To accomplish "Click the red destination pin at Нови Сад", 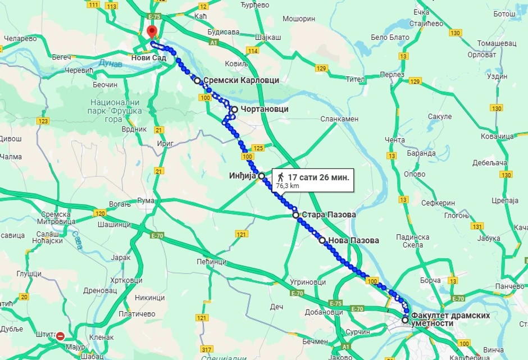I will [151, 32].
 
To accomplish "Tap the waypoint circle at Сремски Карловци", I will [197, 80].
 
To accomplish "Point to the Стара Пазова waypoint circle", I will [295, 215].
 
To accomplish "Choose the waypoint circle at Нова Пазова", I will [322, 240].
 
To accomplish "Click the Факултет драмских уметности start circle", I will [405, 320].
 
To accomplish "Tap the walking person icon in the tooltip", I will [280, 177].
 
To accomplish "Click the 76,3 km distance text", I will [287, 185].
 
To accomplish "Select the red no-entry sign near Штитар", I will [61, 336].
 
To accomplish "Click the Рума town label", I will [145, 200].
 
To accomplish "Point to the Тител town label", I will [355, 79].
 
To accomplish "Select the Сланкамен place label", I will [339, 119].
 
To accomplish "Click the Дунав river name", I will [110, 63].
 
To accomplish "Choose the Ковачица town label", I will [497, 136].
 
